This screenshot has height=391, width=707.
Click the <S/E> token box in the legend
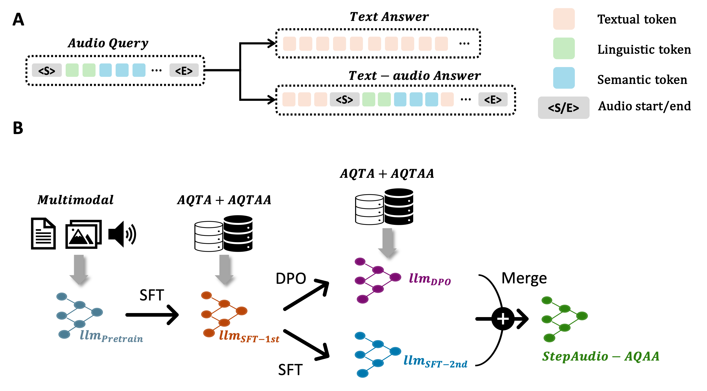point(563,108)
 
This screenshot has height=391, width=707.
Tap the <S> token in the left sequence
point(47,70)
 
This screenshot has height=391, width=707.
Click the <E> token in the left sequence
point(184,70)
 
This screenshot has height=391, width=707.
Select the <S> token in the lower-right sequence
point(344,99)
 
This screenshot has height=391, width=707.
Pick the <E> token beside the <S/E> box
point(493,99)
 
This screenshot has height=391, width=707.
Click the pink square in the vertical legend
point(564,19)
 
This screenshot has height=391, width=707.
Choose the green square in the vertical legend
point(564,48)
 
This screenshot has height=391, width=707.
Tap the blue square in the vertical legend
point(564,78)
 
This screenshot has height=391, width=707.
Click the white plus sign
point(503,319)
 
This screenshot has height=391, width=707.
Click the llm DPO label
point(430,279)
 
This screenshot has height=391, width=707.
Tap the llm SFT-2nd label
point(435,361)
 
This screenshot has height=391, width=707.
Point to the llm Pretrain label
point(111,336)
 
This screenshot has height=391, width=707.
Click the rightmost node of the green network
point(582,316)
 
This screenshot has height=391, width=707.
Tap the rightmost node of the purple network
point(395,277)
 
